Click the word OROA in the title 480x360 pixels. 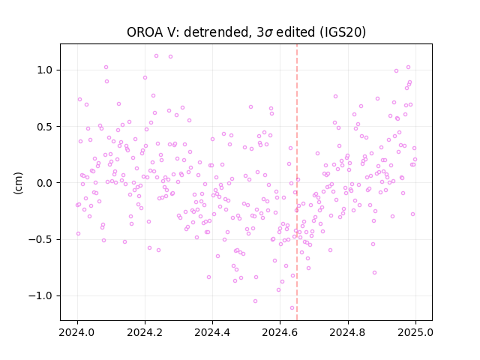click(x=145, y=32)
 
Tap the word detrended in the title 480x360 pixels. click(x=216, y=32)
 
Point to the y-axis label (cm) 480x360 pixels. click(x=18, y=183)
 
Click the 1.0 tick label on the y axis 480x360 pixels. click(x=44, y=70)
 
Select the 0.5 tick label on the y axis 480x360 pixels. click(x=44, y=127)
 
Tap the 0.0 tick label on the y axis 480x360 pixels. click(x=44, y=183)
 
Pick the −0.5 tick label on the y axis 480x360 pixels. click(x=40, y=239)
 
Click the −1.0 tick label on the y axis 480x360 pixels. click(x=40, y=296)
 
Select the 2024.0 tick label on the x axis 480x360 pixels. click(x=77, y=332)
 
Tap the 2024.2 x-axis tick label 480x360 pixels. click(x=145, y=332)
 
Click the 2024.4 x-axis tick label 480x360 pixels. click(x=212, y=332)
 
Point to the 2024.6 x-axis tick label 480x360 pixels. click(x=280, y=332)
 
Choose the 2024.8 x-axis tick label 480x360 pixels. click(x=348, y=332)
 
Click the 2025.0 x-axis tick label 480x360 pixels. click(x=415, y=332)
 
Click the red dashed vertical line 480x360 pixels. click(x=297, y=182)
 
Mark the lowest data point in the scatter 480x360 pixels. click(x=292, y=308)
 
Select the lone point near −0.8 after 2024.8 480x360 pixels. click(x=374, y=273)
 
